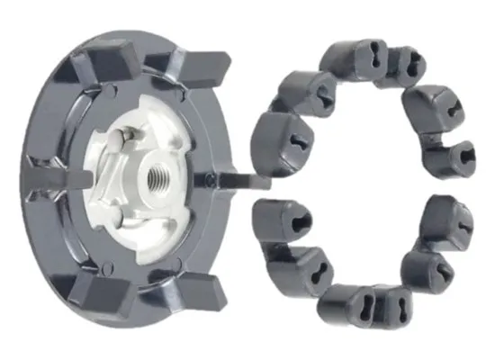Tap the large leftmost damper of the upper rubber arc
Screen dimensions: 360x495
click(x=274, y=144)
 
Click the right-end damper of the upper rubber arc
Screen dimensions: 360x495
click(x=446, y=158)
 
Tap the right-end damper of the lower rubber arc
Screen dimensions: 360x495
click(x=446, y=221)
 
